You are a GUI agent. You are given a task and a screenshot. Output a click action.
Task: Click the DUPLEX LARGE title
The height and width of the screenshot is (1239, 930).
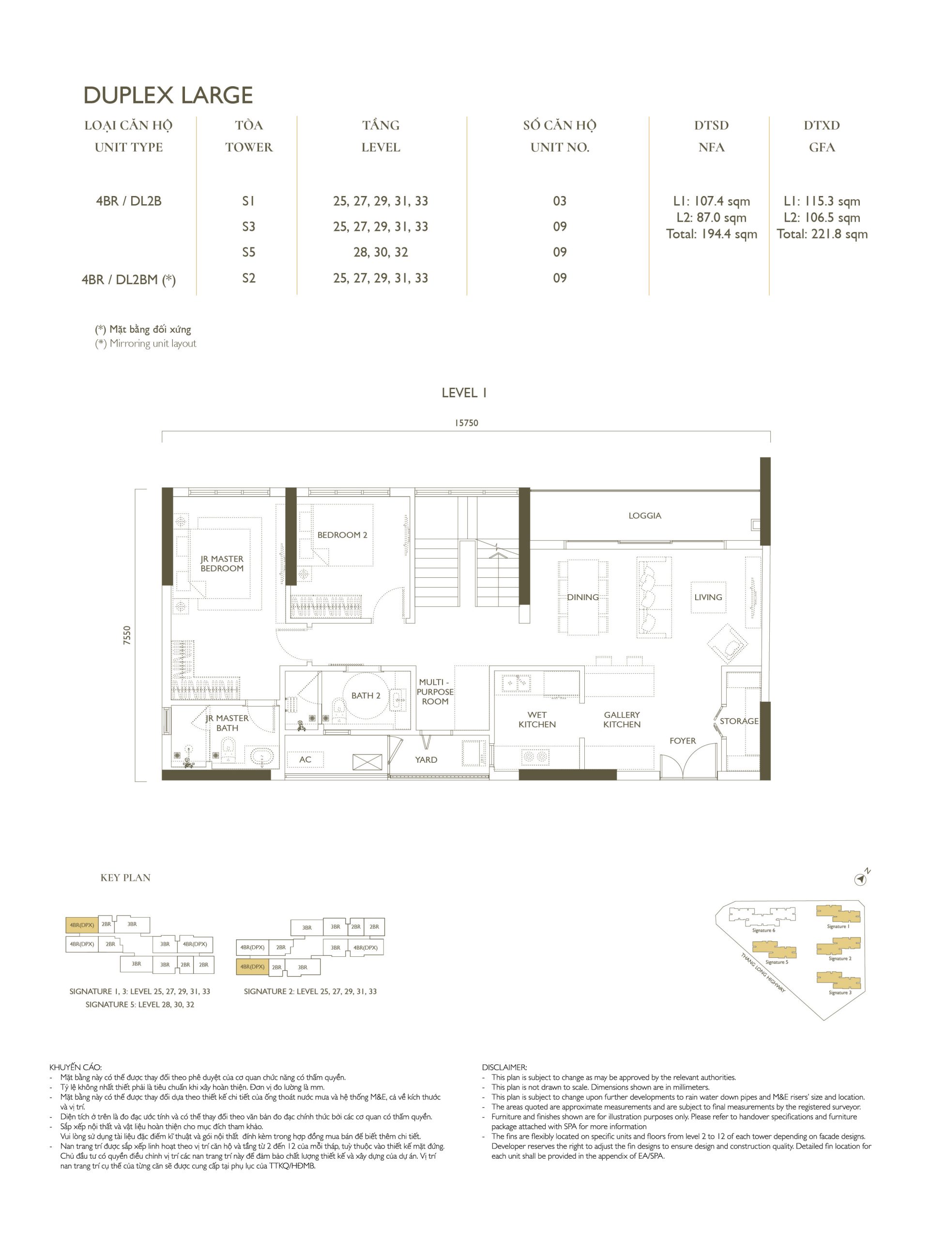click(x=168, y=95)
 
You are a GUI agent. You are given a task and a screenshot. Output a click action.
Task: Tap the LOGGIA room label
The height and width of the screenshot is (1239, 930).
click(x=644, y=515)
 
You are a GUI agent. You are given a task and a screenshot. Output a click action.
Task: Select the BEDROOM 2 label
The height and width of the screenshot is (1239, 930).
click(x=342, y=535)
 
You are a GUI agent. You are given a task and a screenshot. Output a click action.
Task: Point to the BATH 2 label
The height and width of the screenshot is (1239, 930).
click(x=366, y=695)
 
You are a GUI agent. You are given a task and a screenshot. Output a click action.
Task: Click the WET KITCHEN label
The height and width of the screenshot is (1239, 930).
click(x=537, y=719)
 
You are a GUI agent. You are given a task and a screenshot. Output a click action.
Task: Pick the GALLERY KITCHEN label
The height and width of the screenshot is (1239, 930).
click(x=622, y=719)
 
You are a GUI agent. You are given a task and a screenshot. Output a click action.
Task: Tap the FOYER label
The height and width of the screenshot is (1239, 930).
click(x=683, y=740)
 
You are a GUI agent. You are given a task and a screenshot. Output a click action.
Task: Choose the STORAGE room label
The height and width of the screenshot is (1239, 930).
click(x=739, y=721)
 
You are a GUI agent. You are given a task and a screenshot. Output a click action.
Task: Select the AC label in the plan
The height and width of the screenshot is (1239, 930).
click(x=305, y=759)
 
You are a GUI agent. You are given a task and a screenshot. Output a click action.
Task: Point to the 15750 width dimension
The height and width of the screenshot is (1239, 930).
click(x=466, y=423)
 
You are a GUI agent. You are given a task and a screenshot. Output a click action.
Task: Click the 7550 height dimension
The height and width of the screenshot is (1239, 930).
click(x=127, y=635)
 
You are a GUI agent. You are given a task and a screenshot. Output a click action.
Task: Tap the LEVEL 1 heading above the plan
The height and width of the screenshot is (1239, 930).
click(x=464, y=393)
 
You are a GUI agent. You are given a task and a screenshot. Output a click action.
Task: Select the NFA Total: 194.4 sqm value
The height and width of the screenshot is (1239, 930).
click(x=712, y=234)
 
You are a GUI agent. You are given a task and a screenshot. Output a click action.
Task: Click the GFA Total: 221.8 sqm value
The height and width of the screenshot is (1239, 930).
click(x=822, y=234)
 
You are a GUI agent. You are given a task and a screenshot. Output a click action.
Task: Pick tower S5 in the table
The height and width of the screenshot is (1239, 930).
click(x=249, y=252)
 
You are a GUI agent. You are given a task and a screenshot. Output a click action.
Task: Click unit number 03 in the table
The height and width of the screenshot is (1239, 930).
click(x=560, y=201)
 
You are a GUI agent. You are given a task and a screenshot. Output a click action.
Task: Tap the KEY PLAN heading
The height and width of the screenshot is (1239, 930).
click(x=125, y=878)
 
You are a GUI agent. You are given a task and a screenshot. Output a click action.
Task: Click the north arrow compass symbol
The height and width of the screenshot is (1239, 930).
click(x=861, y=879)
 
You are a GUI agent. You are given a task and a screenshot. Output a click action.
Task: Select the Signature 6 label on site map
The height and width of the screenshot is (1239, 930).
click(x=763, y=930)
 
